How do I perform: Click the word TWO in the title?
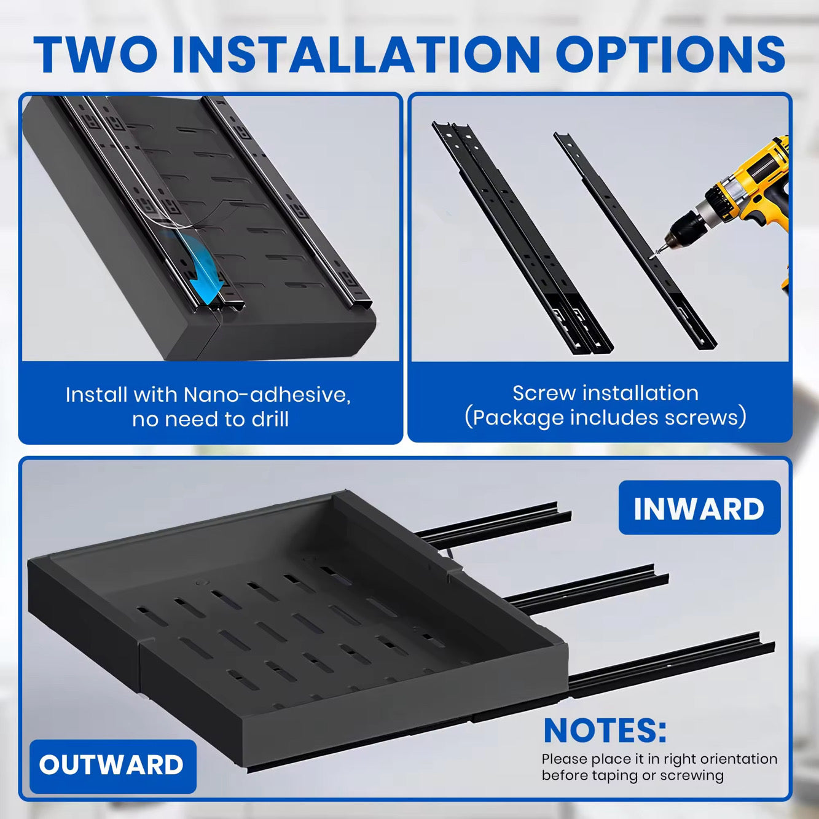95,55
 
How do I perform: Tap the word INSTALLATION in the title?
356,55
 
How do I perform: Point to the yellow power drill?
731,204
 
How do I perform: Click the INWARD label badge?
699,508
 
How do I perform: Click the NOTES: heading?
605,730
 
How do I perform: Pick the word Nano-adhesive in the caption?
267,395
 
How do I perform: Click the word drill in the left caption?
270,419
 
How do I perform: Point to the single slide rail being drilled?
635,240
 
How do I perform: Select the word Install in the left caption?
96,395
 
